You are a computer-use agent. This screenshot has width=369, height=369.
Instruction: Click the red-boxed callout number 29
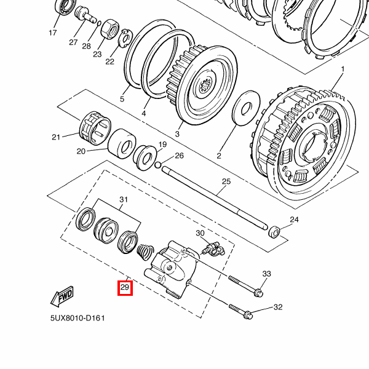click(x=125, y=287)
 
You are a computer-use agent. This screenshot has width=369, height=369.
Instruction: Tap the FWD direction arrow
click(x=63, y=298)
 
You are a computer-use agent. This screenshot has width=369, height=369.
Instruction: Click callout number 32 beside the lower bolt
click(x=277, y=307)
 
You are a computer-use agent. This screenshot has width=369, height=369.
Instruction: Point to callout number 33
click(x=266, y=274)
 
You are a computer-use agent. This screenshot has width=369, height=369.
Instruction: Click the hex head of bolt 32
click(x=248, y=314)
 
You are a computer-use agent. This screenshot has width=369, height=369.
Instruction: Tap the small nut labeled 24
click(x=274, y=232)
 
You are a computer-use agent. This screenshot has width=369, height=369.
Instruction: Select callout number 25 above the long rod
click(x=226, y=181)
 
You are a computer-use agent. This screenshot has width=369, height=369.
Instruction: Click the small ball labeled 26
click(x=158, y=165)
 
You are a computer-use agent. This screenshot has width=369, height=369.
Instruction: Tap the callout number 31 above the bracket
click(x=124, y=200)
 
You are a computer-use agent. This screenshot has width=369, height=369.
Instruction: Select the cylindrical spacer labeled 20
click(x=123, y=145)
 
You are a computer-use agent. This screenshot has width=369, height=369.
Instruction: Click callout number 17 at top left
click(x=52, y=33)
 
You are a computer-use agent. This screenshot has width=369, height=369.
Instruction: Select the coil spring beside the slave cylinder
click(x=145, y=252)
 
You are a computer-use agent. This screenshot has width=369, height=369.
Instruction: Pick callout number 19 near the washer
click(x=163, y=145)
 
